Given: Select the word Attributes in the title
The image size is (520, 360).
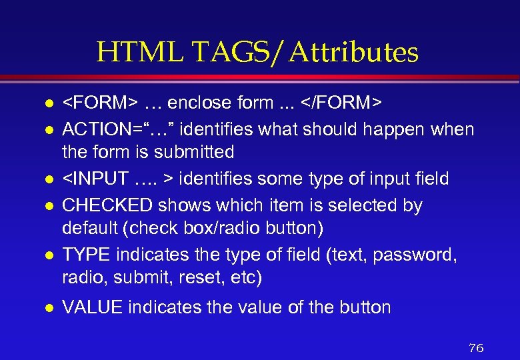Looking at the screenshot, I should pyautogui.click(x=353, y=52).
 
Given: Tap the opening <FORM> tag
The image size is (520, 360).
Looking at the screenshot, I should pyautogui.click(x=100, y=103).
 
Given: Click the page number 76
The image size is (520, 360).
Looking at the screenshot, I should pyautogui.click(x=476, y=347).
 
